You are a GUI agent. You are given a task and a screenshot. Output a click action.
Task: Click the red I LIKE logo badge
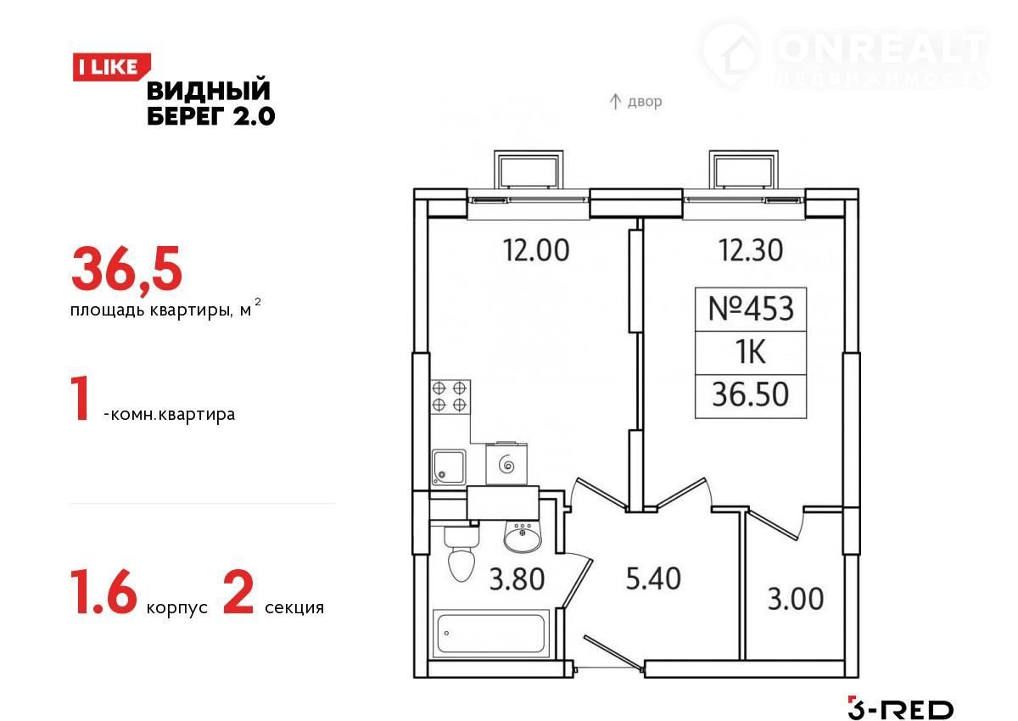111,67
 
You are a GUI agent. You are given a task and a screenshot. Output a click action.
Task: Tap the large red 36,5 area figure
126,270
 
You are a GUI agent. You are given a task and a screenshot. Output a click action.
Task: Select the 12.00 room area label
536,250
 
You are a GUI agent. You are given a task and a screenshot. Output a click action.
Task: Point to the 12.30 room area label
750,250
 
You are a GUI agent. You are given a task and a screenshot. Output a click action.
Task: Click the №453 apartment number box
751,309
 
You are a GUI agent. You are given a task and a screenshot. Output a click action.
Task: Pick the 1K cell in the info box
751,353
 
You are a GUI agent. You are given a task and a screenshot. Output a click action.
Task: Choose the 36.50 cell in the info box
751,395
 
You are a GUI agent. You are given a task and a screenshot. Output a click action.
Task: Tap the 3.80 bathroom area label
517,580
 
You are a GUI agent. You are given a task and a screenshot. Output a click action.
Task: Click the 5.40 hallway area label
653,578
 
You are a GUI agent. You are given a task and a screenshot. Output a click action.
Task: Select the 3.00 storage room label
796,599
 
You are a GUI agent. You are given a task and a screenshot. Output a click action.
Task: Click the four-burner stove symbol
450,397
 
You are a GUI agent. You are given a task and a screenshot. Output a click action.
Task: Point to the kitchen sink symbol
449,467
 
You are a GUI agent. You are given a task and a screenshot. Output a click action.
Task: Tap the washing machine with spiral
506,463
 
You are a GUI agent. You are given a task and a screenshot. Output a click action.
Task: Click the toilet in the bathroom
461,553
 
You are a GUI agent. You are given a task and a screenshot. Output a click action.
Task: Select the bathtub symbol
491,634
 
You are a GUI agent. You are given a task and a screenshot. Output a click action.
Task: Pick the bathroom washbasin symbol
523,538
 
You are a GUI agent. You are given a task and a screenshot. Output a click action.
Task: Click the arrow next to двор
615,102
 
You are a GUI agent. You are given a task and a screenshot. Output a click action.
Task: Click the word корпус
176,608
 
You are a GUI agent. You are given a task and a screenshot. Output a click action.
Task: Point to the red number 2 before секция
238,592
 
